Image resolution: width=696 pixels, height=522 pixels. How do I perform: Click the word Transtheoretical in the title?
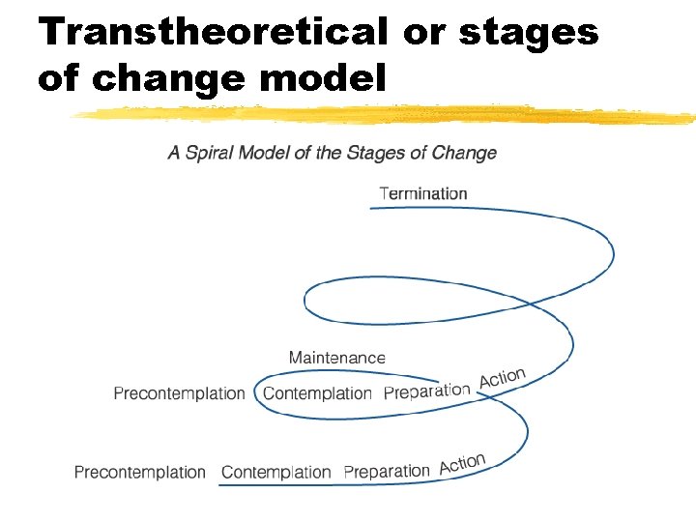click(x=214, y=31)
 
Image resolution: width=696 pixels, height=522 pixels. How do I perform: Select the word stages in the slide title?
click(x=528, y=31)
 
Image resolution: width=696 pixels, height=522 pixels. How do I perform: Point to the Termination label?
click(x=423, y=193)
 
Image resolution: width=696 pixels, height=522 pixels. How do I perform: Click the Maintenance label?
click(x=336, y=358)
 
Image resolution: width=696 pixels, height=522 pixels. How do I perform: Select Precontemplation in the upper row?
click(x=179, y=393)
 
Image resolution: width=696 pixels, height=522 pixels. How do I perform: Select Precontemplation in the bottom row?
click(x=140, y=473)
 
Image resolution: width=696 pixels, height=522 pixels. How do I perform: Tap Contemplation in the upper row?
click(x=317, y=393)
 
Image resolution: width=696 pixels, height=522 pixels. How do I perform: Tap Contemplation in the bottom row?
click(x=276, y=473)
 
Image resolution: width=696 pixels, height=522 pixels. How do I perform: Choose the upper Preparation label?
click(x=426, y=391)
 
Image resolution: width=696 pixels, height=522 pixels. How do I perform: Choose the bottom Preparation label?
click(x=387, y=472)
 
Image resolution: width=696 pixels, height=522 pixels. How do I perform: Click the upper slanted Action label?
click(x=502, y=378)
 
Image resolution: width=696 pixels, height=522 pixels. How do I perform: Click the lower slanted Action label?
click(x=462, y=464)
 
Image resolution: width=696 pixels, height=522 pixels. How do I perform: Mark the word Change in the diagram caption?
click(x=465, y=153)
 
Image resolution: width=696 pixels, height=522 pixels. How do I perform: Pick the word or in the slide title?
click(x=424, y=31)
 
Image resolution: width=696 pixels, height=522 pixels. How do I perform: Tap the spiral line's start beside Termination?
click(x=373, y=209)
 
